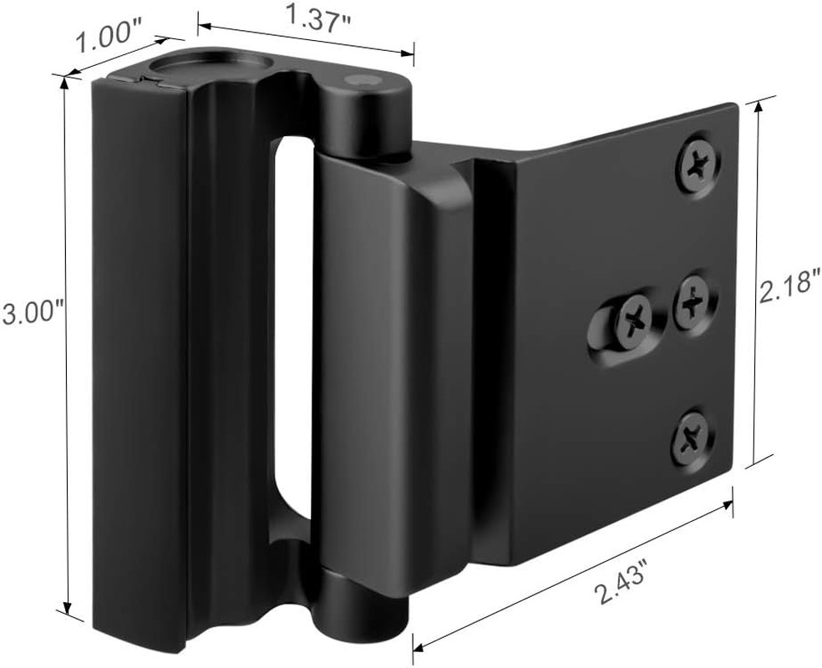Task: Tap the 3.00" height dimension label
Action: (32, 314)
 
